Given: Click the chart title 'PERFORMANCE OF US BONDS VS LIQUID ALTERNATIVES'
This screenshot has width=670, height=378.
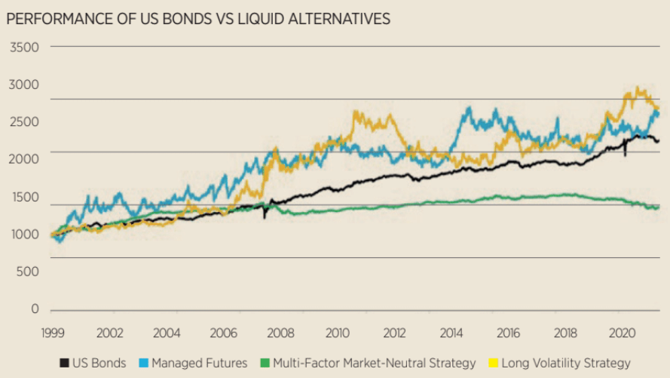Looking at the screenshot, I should point(197,19).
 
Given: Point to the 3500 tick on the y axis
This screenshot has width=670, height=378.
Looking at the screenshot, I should point(23,48).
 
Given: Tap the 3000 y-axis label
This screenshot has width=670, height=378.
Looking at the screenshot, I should point(23,85).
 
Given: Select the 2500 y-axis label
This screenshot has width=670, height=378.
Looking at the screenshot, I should point(23,122).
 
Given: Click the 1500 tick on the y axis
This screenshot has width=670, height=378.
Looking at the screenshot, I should point(23,197).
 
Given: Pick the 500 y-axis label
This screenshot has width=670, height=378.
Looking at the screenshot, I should point(26,272).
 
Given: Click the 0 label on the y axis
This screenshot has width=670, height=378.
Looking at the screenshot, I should point(34,309).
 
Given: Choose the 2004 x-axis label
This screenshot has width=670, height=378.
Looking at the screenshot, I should point(167,333).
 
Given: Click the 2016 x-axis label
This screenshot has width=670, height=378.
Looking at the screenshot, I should point(509,333).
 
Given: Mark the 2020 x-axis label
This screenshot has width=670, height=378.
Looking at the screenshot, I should point(623,333).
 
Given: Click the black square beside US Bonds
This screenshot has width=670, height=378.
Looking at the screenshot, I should point(64,364).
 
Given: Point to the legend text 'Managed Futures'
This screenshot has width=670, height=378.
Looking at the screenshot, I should point(199,364).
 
